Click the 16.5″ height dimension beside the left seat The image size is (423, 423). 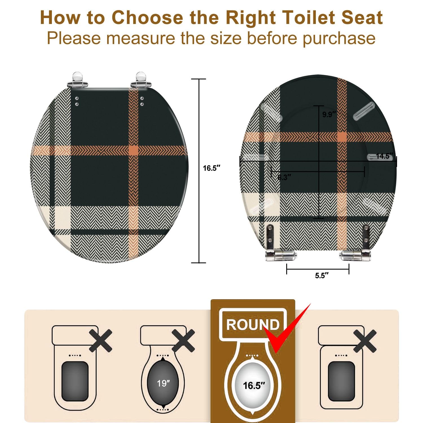(x=211, y=168)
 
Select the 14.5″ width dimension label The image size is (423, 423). (x=384, y=156)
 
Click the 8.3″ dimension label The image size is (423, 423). (x=284, y=177)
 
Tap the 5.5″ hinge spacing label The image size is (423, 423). (x=321, y=276)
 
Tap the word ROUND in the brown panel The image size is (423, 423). (x=253, y=325)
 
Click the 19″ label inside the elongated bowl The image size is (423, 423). (x=163, y=383)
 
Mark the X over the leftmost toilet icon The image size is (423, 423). (x=101, y=341)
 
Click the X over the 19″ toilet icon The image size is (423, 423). (x=183, y=341)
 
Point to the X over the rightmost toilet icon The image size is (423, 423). (x=365, y=341)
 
